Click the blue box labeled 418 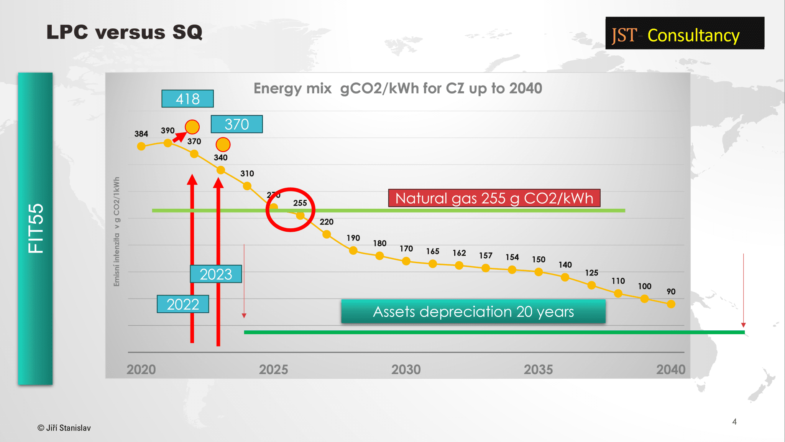pos(187,99)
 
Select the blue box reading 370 pos(236,124)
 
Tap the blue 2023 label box pos(216,274)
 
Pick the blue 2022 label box pos(183,304)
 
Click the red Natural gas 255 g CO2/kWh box pos(494,198)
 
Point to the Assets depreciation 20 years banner pos(473,312)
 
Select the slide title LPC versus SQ pos(125,32)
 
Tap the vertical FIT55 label pos(35,228)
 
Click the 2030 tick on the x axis pos(406,369)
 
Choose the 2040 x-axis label pos(671,369)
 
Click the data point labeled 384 pos(141,146)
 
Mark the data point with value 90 pos(671,304)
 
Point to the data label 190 pos(353,238)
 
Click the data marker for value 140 pos(565,277)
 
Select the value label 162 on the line pos(459,253)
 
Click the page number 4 pos(734,422)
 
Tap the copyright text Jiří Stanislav pos(64,428)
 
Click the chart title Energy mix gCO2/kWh pos(397,89)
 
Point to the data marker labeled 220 pos(327,234)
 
